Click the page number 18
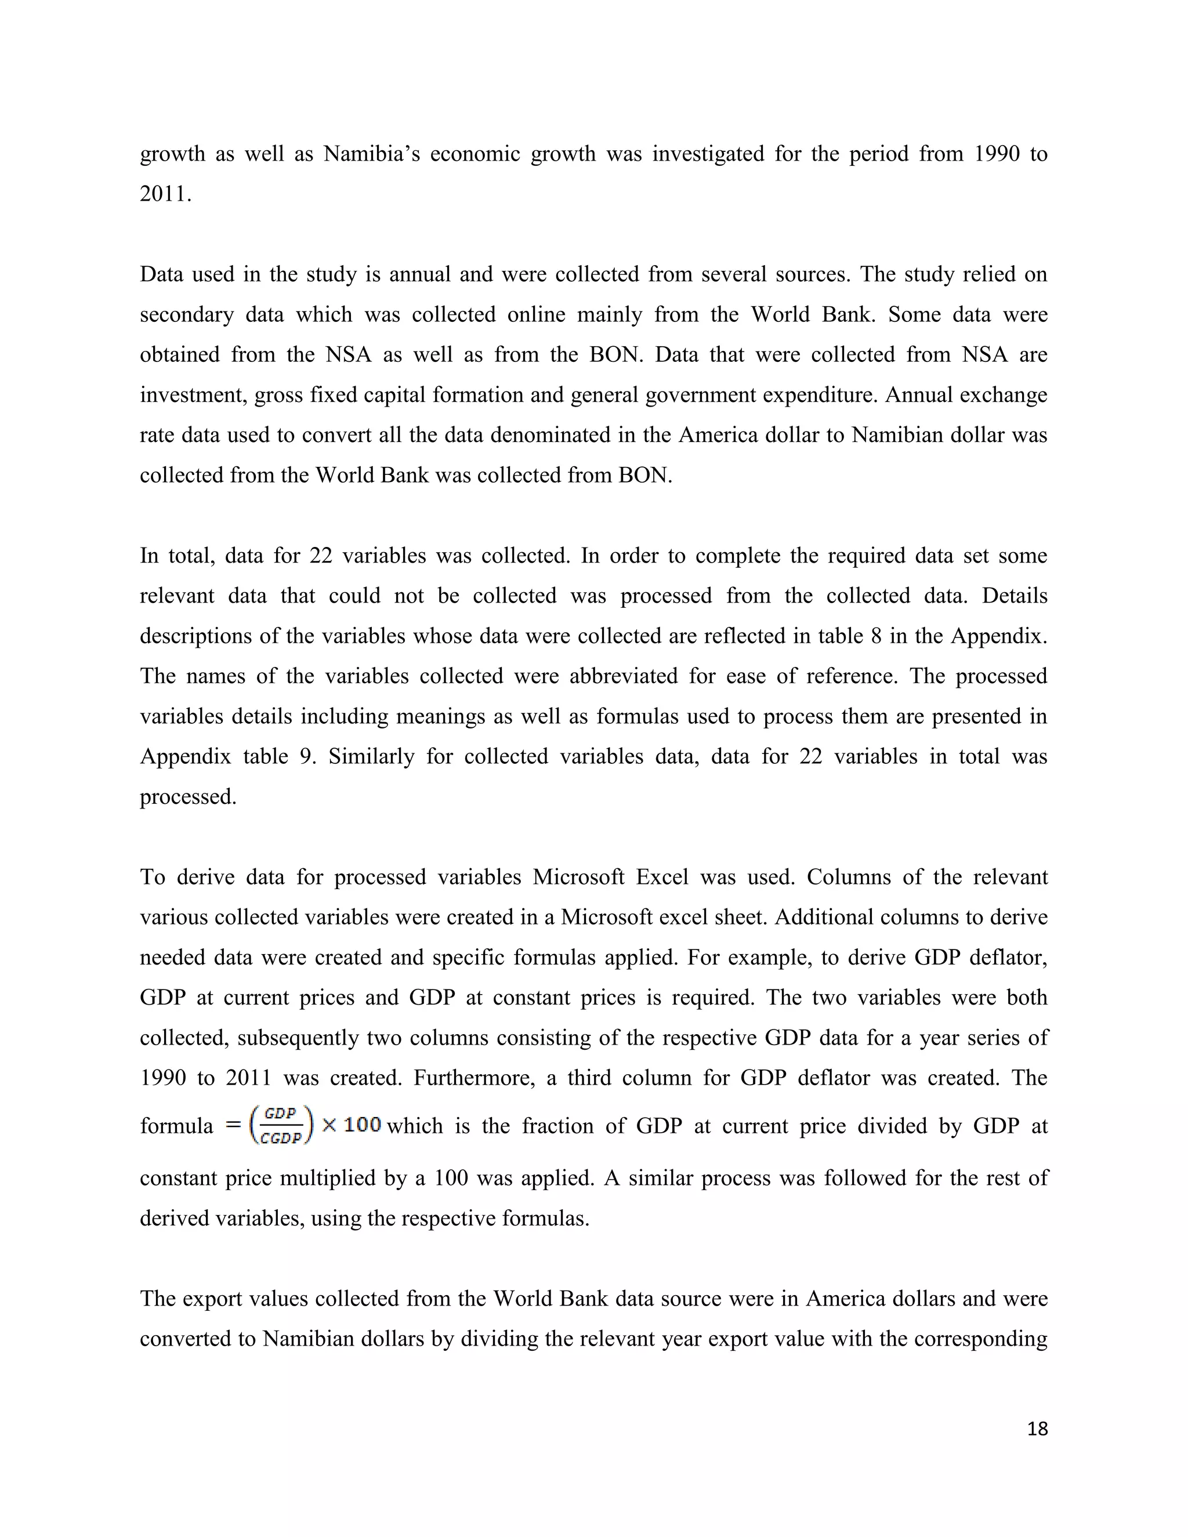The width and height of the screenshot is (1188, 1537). pos(1037,1429)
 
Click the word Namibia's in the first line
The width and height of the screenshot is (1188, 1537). pos(372,154)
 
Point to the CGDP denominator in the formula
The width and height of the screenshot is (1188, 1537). pos(280,1139)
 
